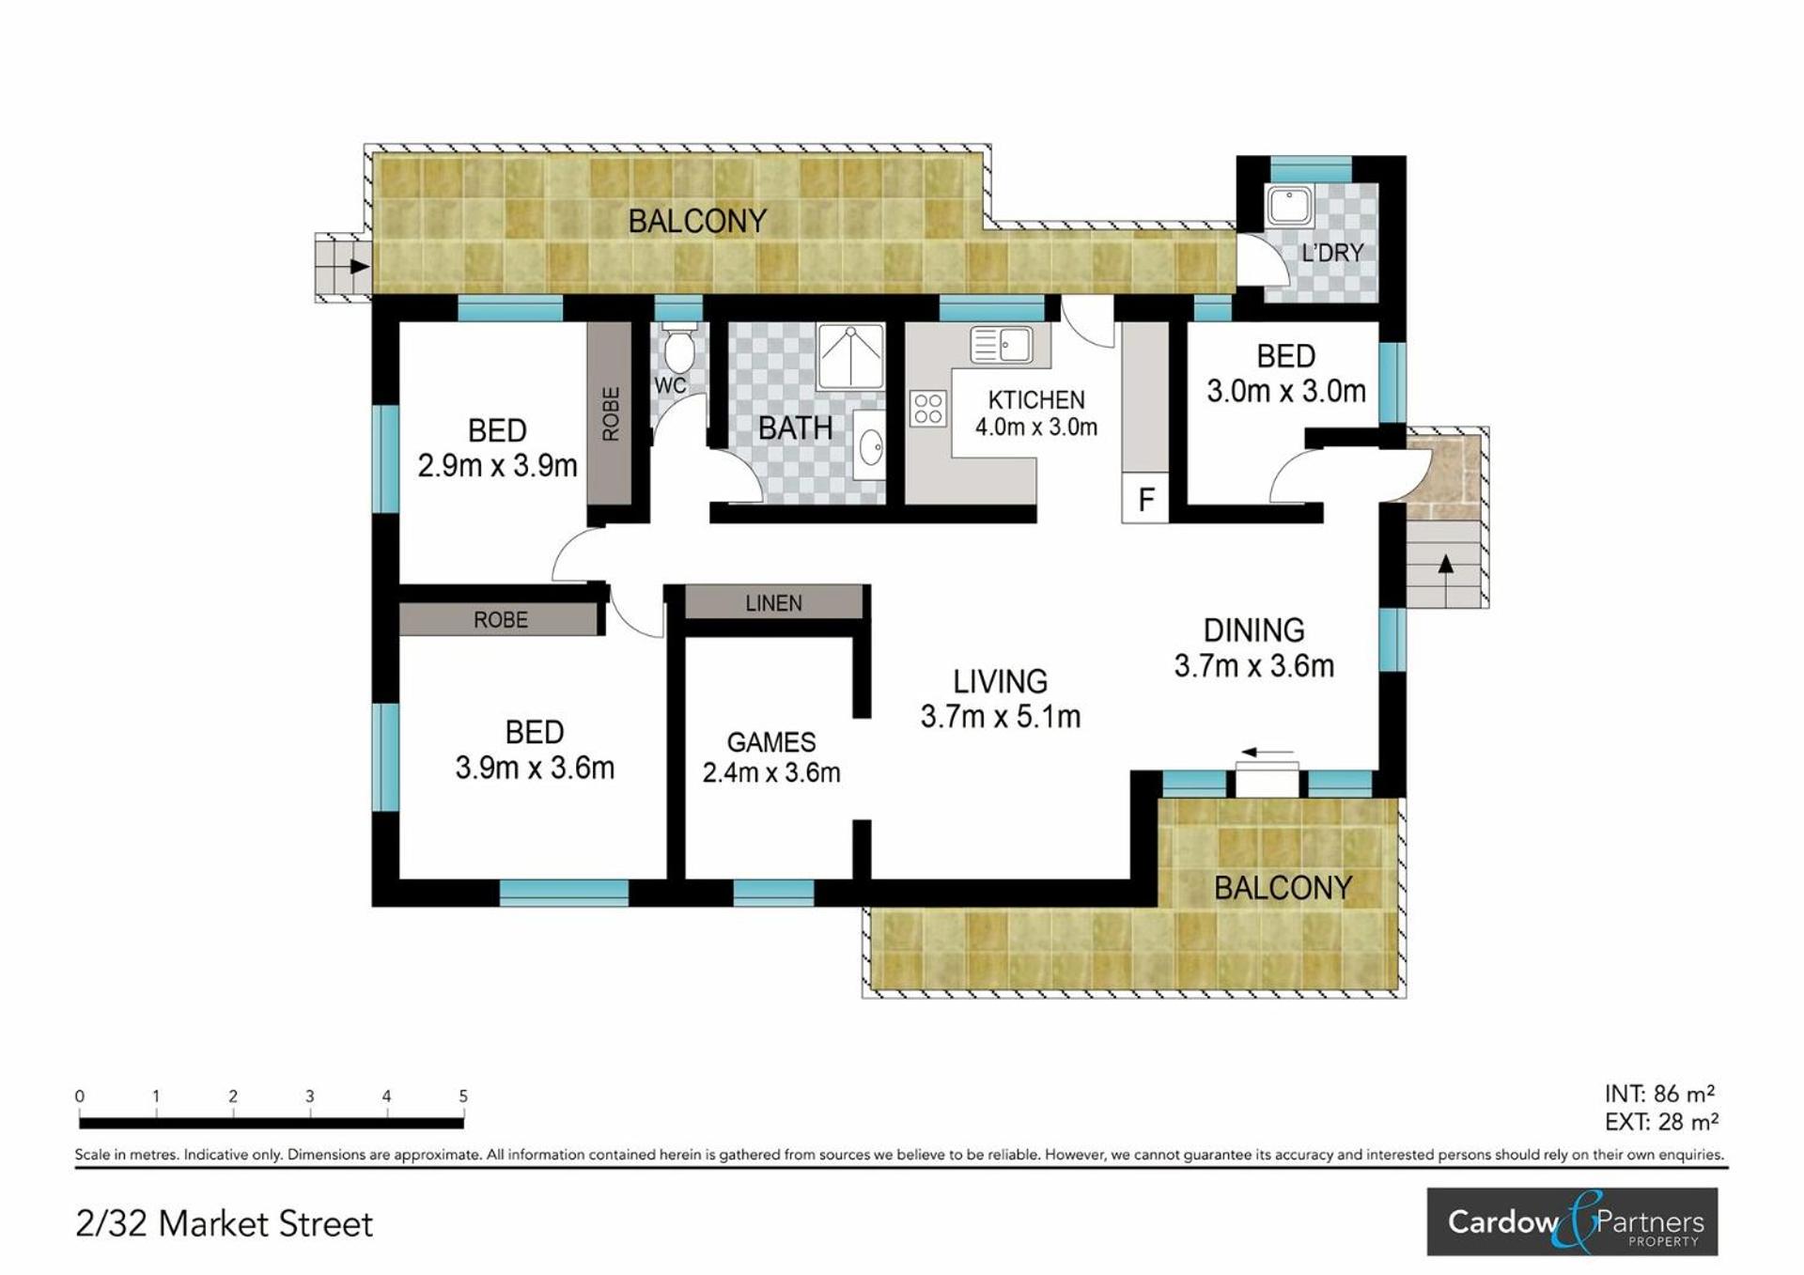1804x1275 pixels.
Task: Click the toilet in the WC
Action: pyautogui.click(x=678, y=349)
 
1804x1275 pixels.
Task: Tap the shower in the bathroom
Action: pyautogui.click(x=850, y=357)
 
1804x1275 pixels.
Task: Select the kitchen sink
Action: pyautogui.click(x=1001, y=345)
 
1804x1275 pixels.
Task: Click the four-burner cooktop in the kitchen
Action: pyautogui.click(x=928, y=410)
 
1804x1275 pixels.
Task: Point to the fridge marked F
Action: pyautogui.click(x=1145, y=498)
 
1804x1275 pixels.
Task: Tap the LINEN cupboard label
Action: pyautogui.click(x=774, y=603)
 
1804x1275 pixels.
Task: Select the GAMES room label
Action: pyautogui.click(x=771, y=742)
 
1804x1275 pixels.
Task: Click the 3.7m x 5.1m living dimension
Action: pyautogui.click(x=1001, y=717)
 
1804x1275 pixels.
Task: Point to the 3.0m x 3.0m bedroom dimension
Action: pyautogui.click(x=1286, y=391)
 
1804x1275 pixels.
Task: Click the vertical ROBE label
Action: pyautogui.click(x=611, y=413)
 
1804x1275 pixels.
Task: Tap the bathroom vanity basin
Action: pyautogui.click(x=870, y=448)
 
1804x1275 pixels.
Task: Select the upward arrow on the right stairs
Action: pyautogui.click(x=1446, y=564)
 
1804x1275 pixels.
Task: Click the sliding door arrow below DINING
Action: pyautogui.click(x=1267, y=753)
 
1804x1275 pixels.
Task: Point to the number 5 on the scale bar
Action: pyautogui.click(x=463, y=1096)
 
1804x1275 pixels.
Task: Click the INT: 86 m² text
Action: pyautogui.click(x=1659, y=1094)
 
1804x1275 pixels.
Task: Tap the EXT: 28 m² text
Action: pyautogui.click(x=1661, y=1122)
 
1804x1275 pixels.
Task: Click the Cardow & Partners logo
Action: pyautogui.click(x=1572, y=1221)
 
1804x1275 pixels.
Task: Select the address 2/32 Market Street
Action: pyautogui.click(x=225, y=1224)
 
